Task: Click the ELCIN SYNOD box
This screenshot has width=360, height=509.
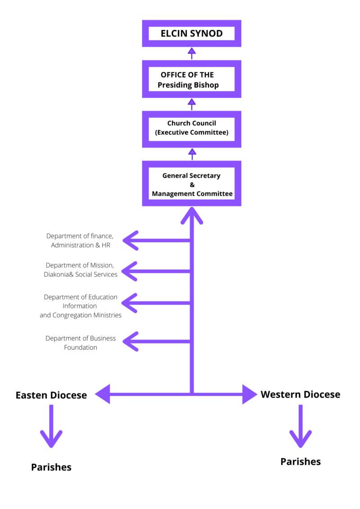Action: [192, 34]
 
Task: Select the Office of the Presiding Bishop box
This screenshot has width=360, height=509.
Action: [192, 80]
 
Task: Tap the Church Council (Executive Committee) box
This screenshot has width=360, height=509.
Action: [192, 128]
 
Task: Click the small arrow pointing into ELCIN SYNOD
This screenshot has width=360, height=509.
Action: [192, 52]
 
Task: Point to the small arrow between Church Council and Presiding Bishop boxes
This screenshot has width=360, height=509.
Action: [192, 103]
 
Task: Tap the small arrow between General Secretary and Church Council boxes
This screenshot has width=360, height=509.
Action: [192, 153]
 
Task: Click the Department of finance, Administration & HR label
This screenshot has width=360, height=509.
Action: [80, 241]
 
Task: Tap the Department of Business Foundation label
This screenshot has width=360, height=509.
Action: [81, 343]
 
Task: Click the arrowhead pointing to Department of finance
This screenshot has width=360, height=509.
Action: [130, 241]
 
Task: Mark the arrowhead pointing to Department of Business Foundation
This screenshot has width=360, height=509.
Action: [130, 341]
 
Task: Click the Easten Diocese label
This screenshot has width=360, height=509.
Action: [51, 395]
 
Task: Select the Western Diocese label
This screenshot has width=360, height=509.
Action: [300, 394]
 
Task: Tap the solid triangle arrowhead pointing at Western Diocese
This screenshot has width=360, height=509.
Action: [249, 394]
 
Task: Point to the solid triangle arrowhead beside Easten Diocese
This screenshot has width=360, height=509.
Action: [103, 394]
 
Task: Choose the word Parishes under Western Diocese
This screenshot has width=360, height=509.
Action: [300, 461]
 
